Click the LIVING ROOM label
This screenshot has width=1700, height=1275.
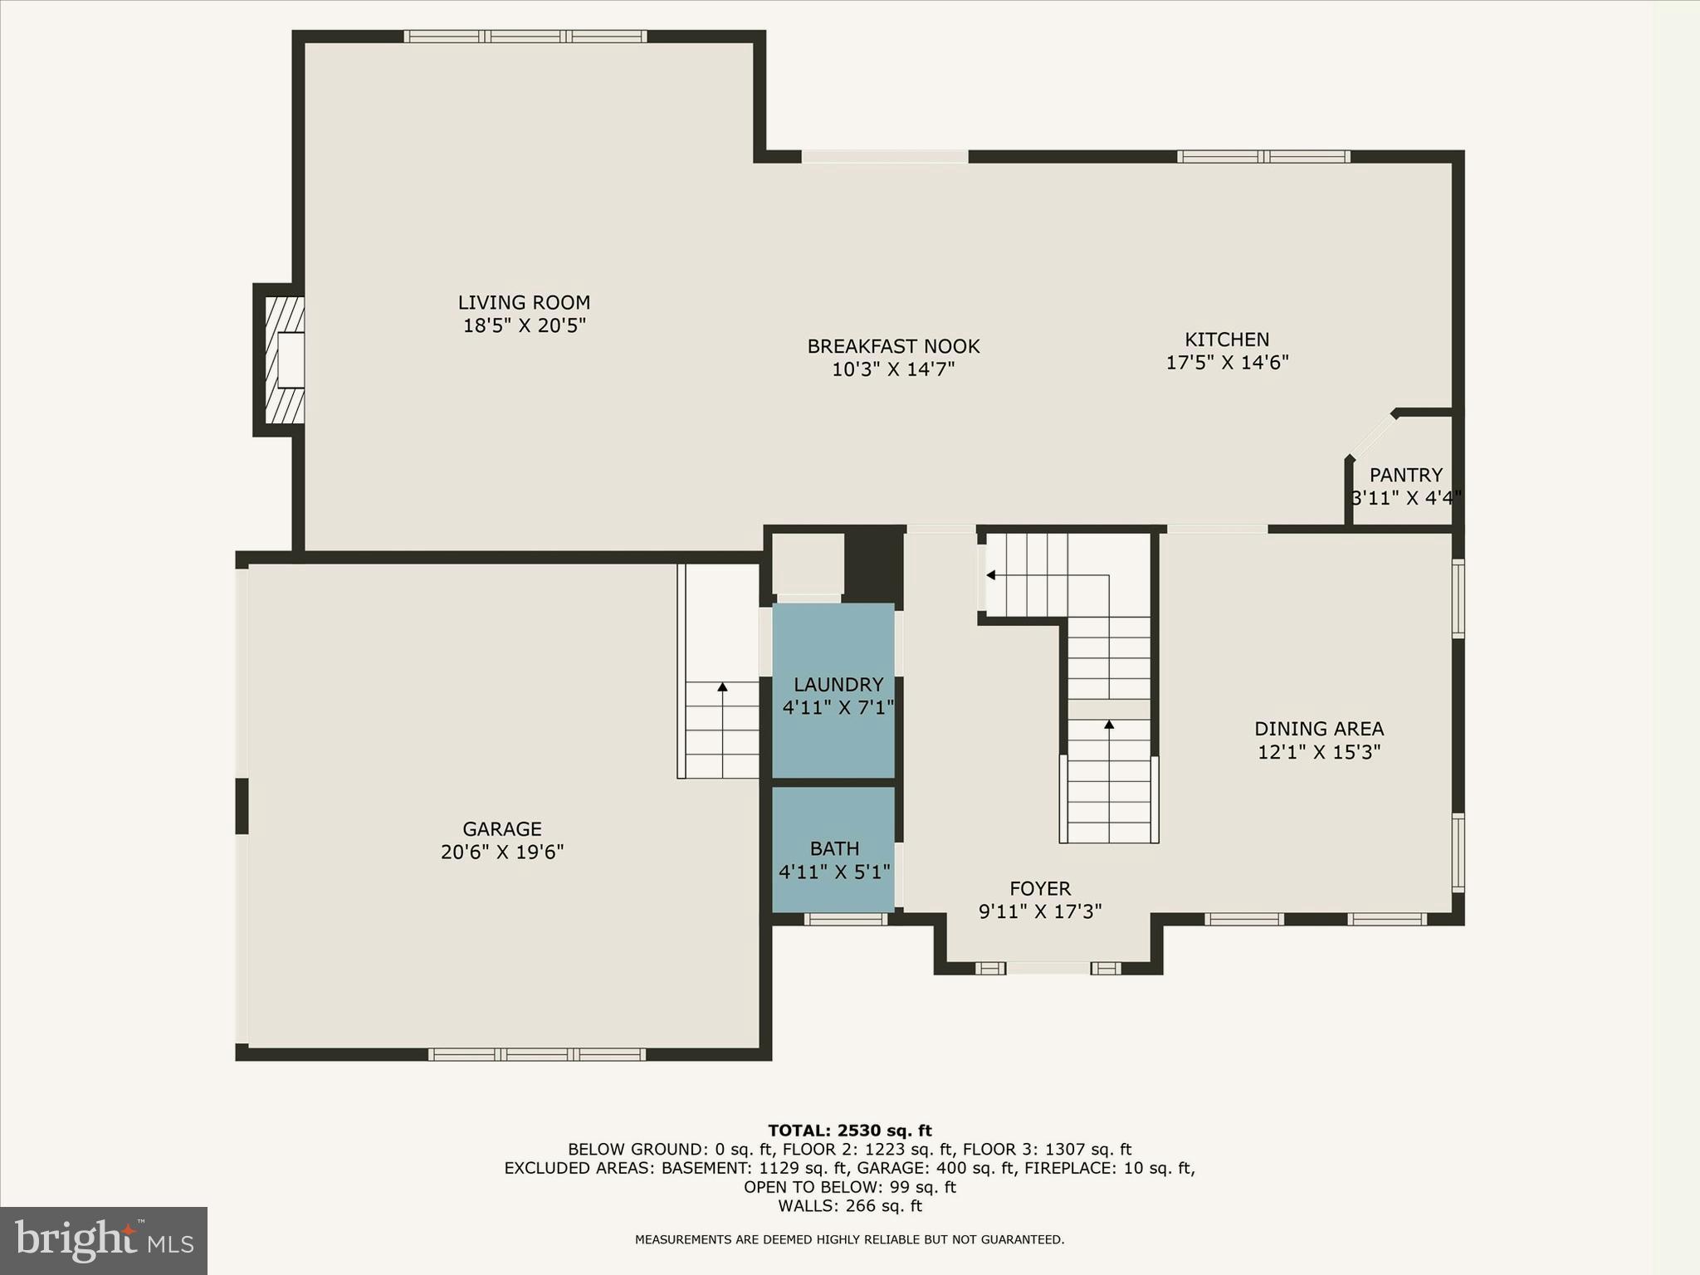(524, 303)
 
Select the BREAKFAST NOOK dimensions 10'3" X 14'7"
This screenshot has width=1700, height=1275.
(893, 369)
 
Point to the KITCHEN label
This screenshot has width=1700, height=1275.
(1226, 340)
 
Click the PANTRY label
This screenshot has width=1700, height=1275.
(1405, 475)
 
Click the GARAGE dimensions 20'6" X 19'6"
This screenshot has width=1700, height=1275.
(502, 852)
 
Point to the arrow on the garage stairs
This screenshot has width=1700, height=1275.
(722, 687)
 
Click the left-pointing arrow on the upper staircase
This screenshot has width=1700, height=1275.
(991, 574)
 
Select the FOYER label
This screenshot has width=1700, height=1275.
(1040, 889)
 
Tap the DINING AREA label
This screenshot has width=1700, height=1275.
(1318, 729)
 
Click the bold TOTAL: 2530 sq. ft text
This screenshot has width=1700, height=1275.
(849, 1131)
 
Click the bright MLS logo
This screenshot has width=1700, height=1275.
(104, 1240)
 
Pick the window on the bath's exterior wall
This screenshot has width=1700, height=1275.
(846, 919)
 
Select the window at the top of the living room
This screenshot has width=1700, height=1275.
(525, 37)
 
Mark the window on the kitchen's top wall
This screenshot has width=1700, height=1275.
(1263, 156)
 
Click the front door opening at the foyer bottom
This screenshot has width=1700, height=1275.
(1048, 968)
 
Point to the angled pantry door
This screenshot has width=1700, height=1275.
(1370, 435)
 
